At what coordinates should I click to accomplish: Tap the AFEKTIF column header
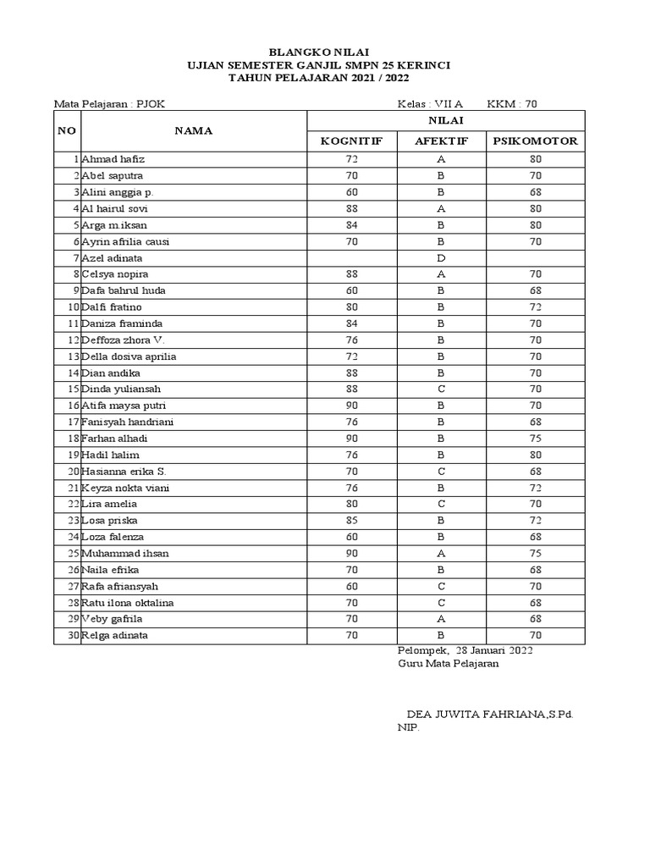441,141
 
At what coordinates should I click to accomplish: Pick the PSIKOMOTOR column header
535,141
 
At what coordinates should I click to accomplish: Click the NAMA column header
193,130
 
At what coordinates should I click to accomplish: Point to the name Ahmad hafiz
113,159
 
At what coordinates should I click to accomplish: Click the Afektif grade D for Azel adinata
441,257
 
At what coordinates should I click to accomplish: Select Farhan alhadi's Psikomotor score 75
535,439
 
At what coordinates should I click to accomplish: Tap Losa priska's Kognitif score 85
351,521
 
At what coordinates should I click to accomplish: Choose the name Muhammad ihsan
124,554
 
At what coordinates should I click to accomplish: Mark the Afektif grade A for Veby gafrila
441,619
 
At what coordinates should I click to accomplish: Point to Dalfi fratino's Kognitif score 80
351,307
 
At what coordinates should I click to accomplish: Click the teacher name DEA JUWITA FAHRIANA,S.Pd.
490,714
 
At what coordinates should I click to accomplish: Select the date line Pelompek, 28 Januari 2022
465,649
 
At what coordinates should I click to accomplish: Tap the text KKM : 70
512,104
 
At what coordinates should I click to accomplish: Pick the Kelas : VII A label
431,104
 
